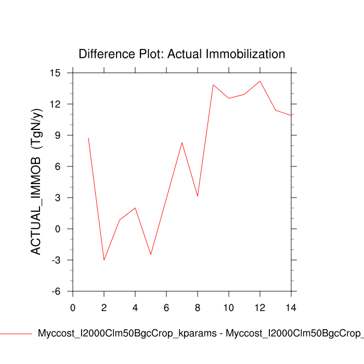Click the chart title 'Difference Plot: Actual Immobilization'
181,54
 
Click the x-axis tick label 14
291,308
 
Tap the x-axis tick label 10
229,308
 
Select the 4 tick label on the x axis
135,308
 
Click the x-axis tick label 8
198,308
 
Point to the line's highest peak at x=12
260,81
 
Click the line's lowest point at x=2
104,260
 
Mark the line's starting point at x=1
88,138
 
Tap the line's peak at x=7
182,142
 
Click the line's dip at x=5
151,254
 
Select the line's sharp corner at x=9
213,85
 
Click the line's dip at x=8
198,196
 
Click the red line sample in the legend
16,333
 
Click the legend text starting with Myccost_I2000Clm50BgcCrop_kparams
200,334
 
